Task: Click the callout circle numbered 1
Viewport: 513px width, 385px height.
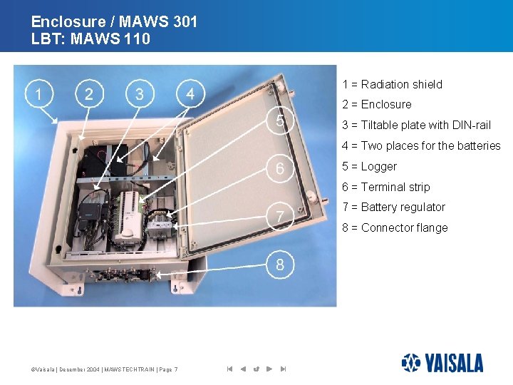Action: (x=37, y=94)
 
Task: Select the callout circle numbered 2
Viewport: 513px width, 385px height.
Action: (x=88, y=94)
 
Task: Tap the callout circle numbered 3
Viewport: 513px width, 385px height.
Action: (x=139, y=94)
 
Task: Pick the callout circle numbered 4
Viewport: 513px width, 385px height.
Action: (x=190, y=94)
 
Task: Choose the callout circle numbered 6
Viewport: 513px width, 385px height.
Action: (x=280, y=168)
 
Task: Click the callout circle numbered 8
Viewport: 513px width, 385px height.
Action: (x=280, y=265)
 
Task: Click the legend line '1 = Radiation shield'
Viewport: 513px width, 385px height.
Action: (x=392, y=84)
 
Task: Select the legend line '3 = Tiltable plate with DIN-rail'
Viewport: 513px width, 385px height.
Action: (x=416, y=125)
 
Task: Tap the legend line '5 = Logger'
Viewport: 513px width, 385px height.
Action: (x=369, y=166)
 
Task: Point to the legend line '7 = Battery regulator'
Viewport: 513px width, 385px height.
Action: (x=393, y=207)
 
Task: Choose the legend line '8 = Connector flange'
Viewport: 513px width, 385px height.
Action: (x=395, y=227)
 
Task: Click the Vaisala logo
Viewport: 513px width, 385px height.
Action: (x=442, y=363)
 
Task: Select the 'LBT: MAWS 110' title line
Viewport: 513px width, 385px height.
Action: (x=90, y=39)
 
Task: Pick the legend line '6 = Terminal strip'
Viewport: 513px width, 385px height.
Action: (x=385, y=187)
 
